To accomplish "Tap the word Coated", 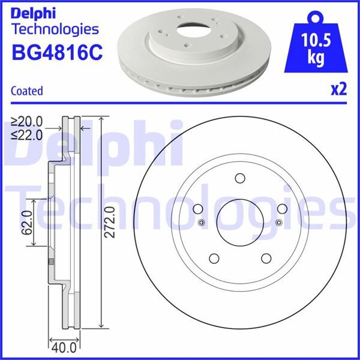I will (x=27, y=91).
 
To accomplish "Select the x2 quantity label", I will (x=339, y=90).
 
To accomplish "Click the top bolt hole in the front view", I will (x=240, y=179).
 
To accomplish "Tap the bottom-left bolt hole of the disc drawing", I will (x=214, y=259).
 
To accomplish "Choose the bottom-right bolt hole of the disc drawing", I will (x=266, y=259).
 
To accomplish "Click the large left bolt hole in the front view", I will (x=197, y=209).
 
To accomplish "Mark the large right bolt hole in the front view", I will (x=282, y=209).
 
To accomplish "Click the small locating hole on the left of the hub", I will (x=201, y=223).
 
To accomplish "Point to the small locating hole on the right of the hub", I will (x=278, y=223).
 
